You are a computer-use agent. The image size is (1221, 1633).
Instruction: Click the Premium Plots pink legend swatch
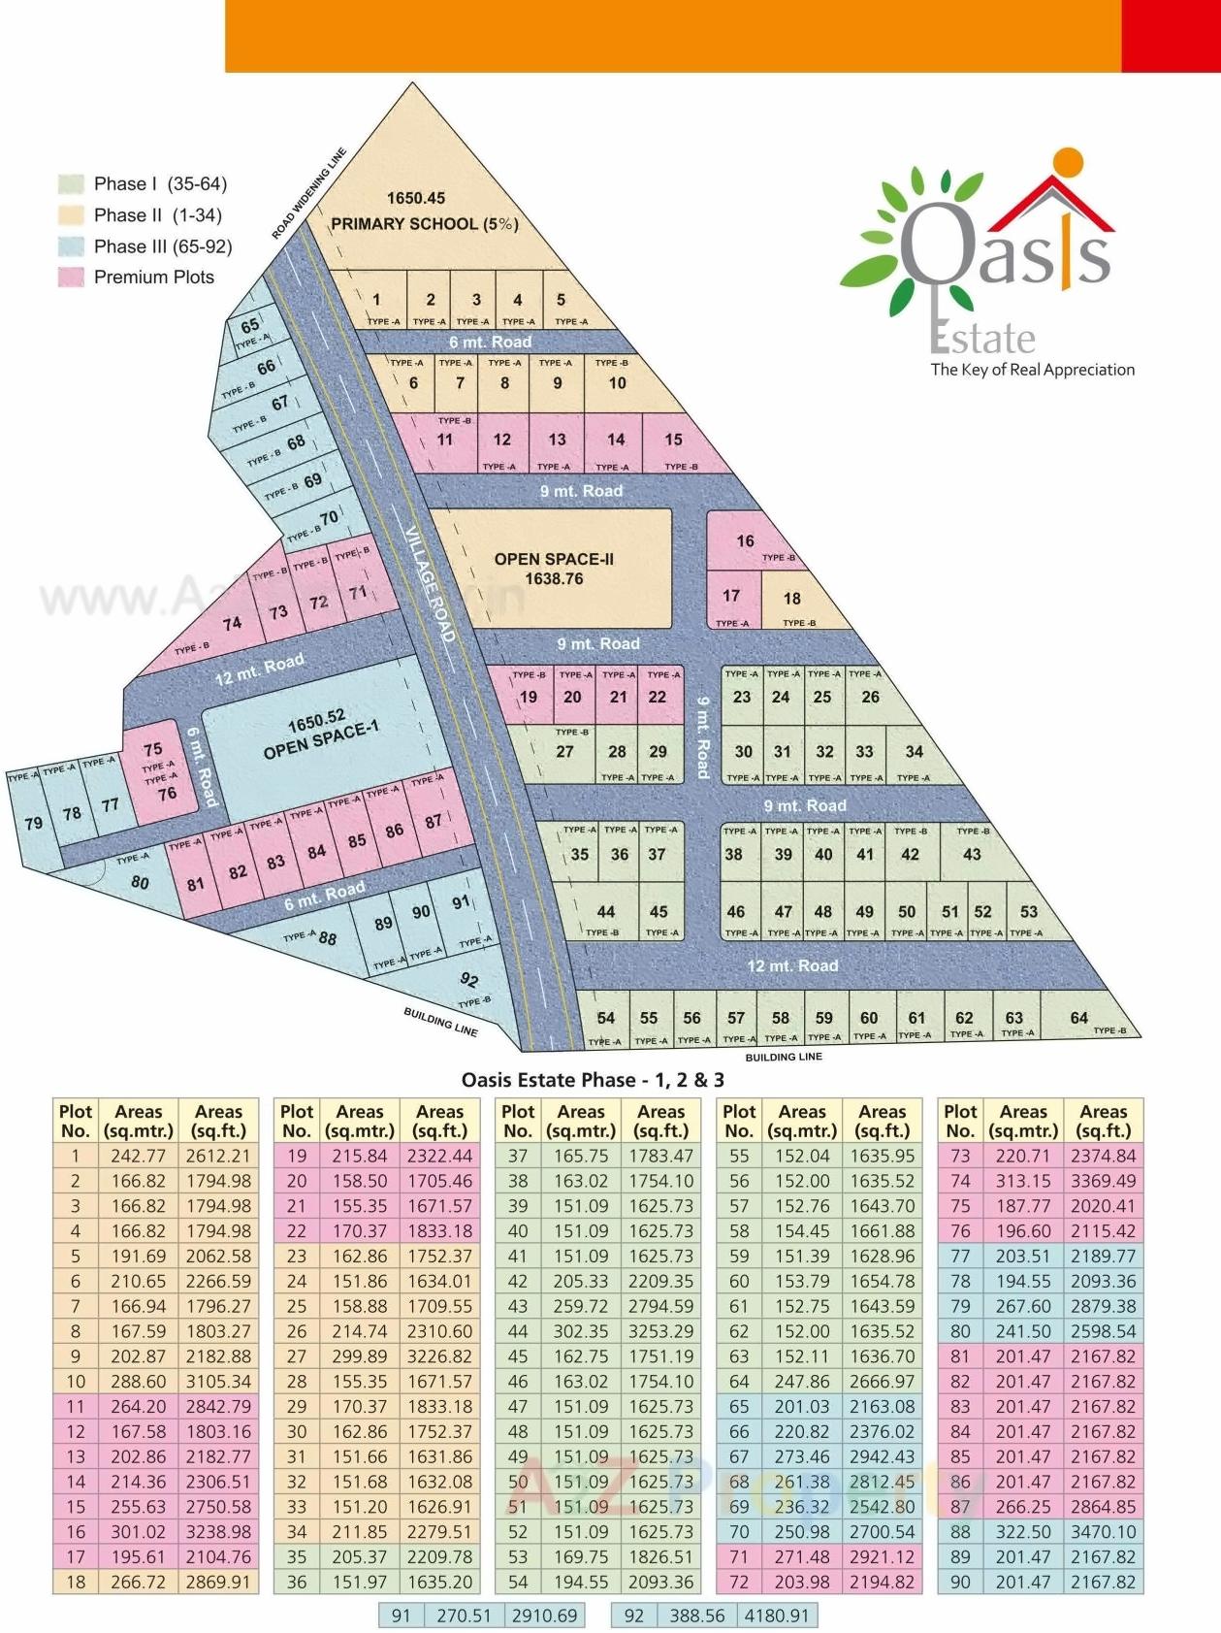point(71,278)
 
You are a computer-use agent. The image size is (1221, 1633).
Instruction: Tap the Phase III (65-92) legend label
point(163,246)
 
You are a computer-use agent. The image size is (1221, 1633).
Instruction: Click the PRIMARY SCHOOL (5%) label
point(425,223)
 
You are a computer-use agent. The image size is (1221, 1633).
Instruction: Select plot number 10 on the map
point(617,383)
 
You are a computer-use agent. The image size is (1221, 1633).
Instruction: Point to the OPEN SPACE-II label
point(554,560)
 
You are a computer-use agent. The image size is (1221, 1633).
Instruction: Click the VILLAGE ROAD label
point(430,584)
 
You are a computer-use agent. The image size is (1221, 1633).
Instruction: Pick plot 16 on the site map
point(745,541)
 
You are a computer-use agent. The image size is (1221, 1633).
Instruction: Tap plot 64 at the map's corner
point(1079,1018)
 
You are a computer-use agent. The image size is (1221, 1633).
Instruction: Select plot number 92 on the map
point(469,980)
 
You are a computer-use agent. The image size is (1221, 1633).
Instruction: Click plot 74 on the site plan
point(232,624)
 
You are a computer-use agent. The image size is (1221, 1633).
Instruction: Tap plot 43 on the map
point(972,855)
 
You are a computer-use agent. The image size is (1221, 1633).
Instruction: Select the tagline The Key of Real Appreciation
point(1032,370)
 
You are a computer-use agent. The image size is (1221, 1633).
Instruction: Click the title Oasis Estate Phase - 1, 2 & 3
point(593,1080)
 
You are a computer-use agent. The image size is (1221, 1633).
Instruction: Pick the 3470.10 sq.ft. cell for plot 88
point(1103,1531)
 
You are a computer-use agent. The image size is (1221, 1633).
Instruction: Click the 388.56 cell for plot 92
point(696,1616)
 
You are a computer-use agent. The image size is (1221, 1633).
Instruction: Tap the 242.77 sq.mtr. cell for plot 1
point(139,1156)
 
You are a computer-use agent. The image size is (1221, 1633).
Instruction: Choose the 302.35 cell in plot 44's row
point(581,1331)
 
